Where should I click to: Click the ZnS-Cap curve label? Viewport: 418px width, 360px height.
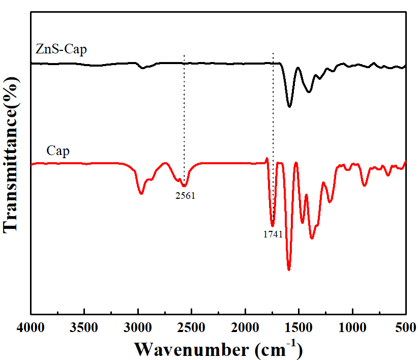click(61, 49)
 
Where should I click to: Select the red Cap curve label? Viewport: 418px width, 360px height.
click(58, 151)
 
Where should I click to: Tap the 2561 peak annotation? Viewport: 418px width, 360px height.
click(186, 195)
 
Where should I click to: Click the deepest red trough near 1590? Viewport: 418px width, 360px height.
click(289, 270)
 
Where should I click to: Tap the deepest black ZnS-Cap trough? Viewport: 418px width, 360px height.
click(289, 106)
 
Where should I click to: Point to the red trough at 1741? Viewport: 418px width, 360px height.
click(273, 225)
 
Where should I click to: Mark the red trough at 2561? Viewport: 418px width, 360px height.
click(185, 186)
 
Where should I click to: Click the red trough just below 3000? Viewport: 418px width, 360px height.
click(141, 194)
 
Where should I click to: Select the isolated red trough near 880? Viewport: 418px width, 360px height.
click(364, 186)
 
